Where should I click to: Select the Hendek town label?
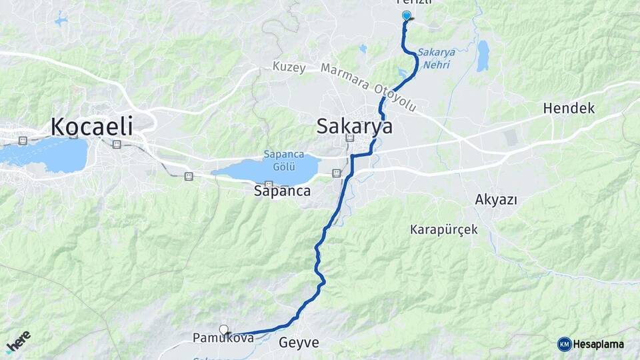point(569,108)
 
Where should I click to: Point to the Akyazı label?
point(496,199)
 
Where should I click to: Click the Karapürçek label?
point(444,229)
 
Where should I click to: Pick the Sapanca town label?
point(282,191)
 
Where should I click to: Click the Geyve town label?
point(299,343)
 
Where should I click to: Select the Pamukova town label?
point(223,339)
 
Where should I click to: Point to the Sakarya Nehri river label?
point(434,58)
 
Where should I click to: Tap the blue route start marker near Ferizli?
point(406,15)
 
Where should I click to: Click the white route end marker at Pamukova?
point(224,329)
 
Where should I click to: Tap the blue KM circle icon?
point(564,344)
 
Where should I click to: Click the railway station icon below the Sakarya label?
point(349,139)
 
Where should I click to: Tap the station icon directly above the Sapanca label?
point(269,184)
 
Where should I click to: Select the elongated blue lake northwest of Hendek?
point(482,56)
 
